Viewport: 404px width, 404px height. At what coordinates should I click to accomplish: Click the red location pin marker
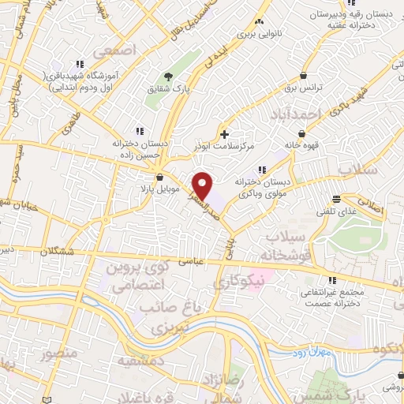tap(204, 185)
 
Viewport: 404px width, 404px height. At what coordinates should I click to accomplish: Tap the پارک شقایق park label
tap(167, 88)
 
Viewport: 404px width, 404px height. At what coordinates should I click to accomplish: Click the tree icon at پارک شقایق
tap(167, 77)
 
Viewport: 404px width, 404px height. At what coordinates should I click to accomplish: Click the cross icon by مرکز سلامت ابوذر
tap(226, 134)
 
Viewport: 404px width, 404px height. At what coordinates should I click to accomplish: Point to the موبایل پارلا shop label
tap(161, 189)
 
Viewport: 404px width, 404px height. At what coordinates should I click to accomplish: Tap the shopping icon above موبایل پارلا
tap(161, 178)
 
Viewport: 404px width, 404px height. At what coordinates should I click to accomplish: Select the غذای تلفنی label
tap(336, 211)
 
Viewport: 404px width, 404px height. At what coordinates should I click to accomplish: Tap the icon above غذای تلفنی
tap(337, 199)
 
